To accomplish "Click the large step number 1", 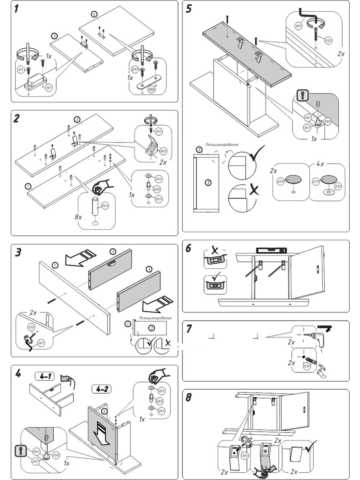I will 17,9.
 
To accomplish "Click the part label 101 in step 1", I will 49,87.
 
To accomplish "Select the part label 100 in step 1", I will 151,89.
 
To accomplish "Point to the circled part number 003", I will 163,152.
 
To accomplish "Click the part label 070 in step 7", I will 307,366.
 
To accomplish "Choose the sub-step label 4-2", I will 102,388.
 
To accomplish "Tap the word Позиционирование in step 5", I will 222,144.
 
